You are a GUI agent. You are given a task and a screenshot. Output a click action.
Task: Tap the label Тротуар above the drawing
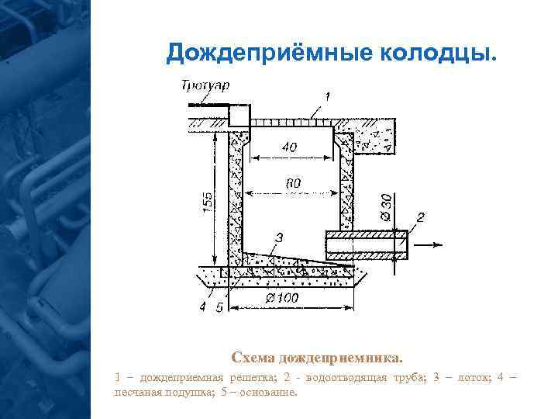[205, 85]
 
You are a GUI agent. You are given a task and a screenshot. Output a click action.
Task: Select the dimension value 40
[289, 147]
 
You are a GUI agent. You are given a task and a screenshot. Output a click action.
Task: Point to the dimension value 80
[293, 183]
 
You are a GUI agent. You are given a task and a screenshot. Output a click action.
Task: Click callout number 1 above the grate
[328, 96]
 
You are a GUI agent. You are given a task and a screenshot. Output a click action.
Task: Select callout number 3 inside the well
[279, 236]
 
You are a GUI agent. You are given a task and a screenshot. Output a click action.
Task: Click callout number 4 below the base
[203, 307]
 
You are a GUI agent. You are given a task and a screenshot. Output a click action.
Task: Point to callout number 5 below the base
[219, 307]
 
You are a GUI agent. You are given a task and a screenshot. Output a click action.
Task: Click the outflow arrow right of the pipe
[433, 246]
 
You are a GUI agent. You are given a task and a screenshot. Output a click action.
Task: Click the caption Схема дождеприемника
[316, 358]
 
